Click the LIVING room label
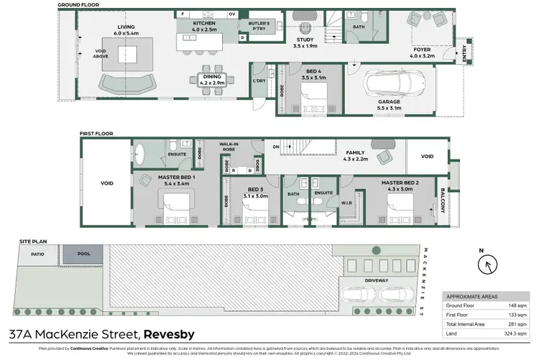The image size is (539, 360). (x=126, y=28)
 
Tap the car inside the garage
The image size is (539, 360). (x=388, y=84)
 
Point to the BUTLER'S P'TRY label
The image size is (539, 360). (x=259, y=25)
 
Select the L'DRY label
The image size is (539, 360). (x=259, y=80)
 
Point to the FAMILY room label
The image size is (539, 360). (x=355, y=152)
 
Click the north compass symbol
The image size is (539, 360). (x=487, y=264)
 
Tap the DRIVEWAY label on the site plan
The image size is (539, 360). (x=376, y=280)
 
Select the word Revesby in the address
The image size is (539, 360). (x=175, y=334)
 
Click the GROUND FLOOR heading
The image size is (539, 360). (x=78, y=4)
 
